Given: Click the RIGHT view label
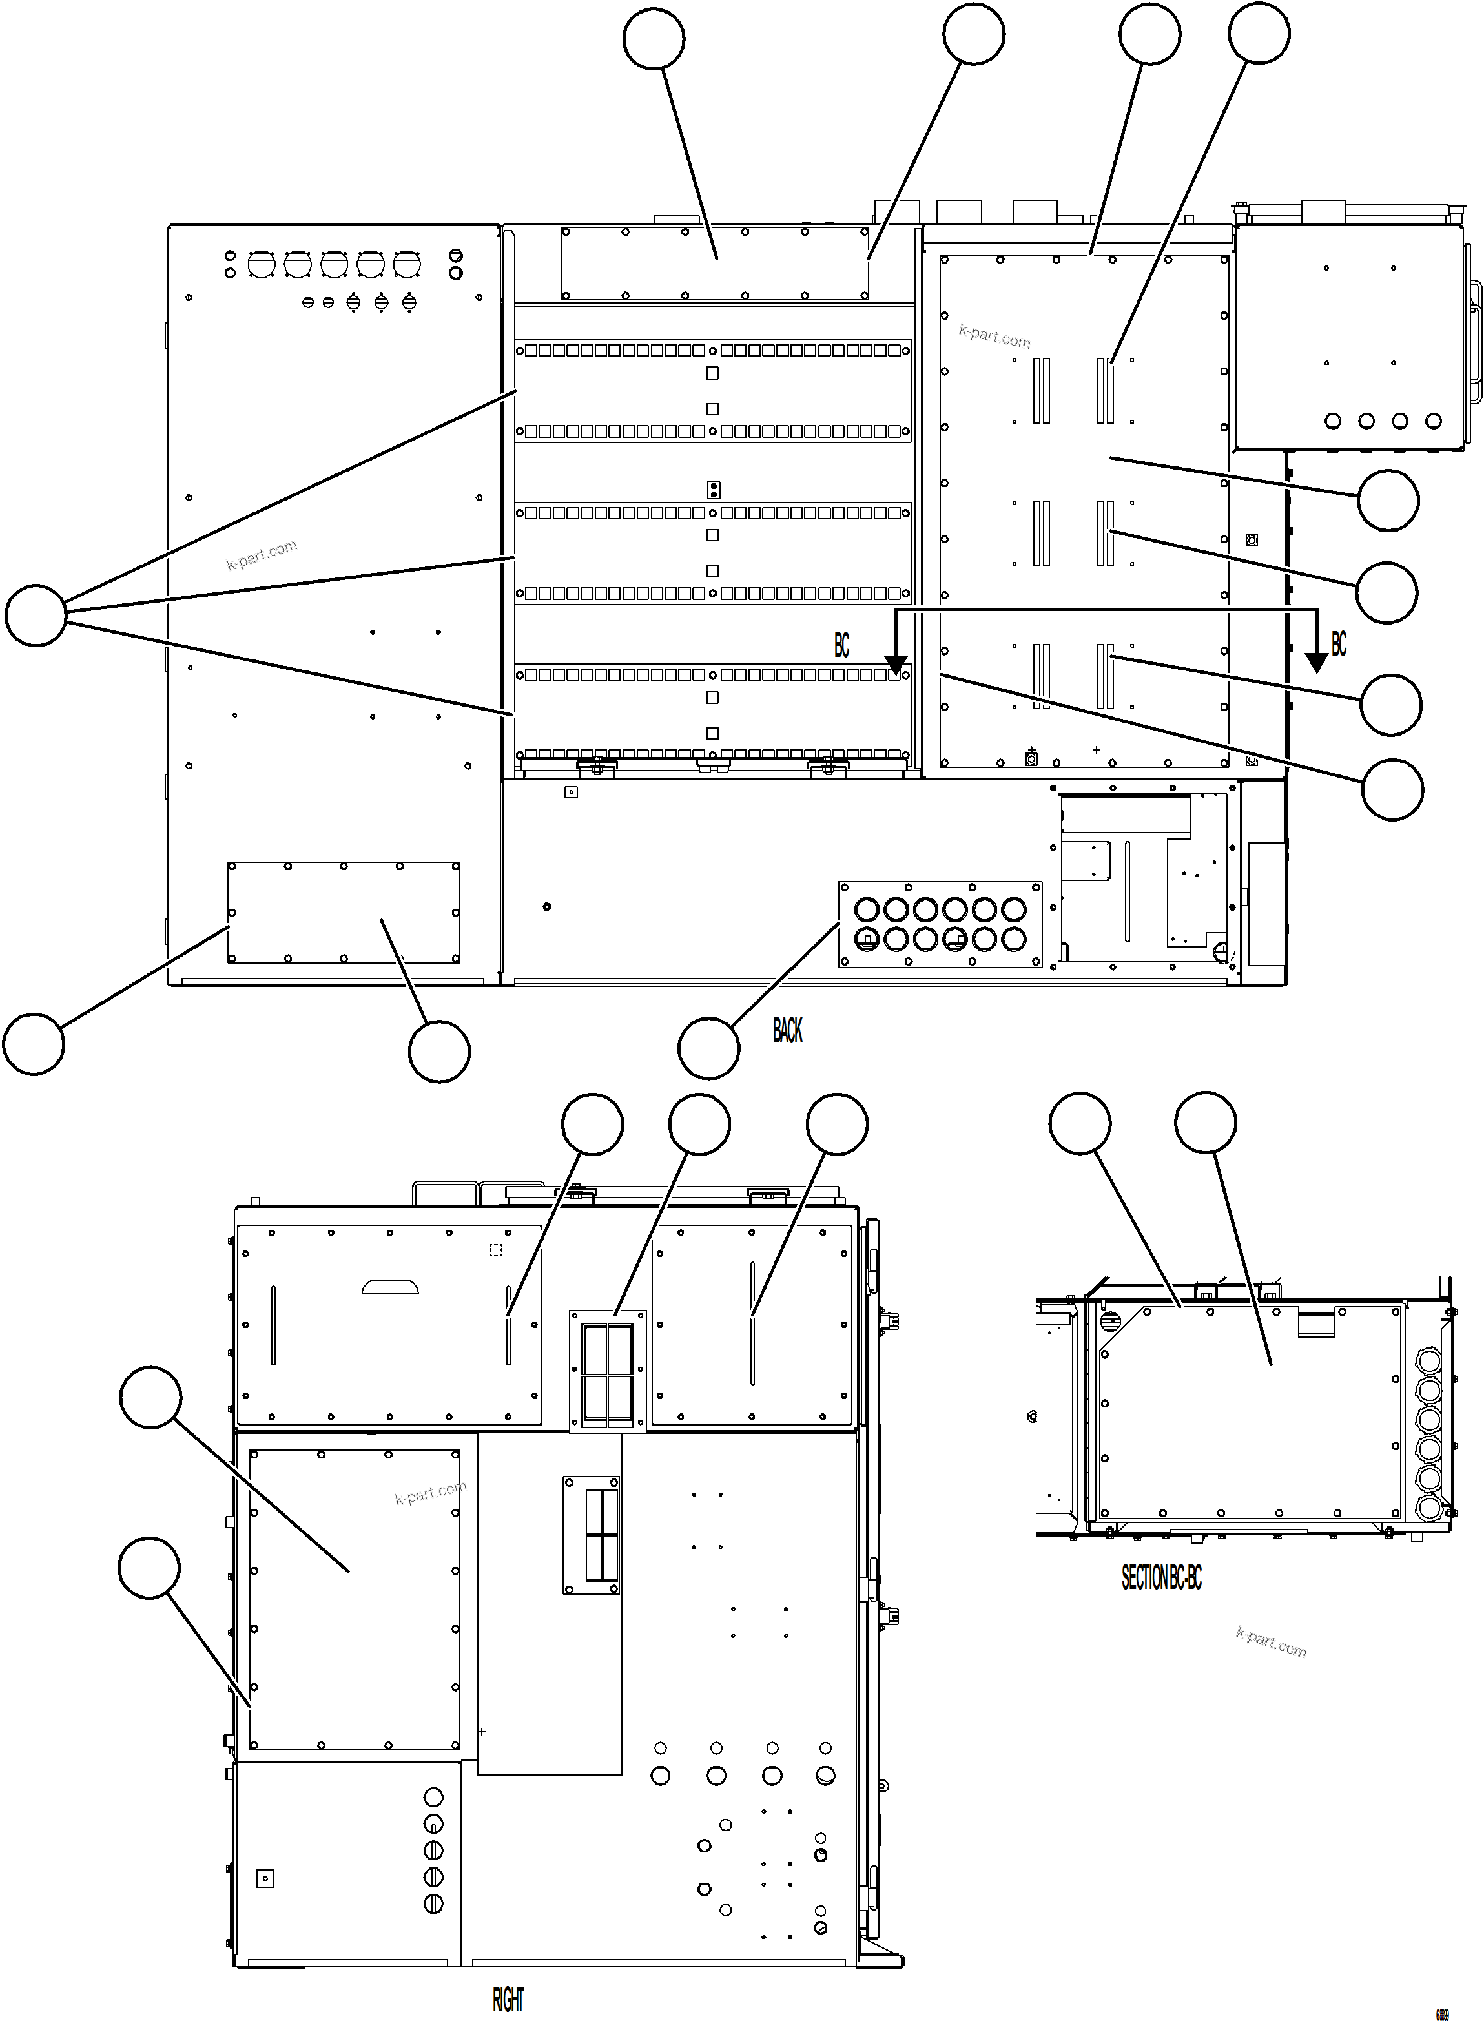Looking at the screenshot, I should [x=508, y=2000].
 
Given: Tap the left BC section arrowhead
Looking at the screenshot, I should [x=896, y=665].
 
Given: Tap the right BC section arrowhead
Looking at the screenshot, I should [x=1316, y=663].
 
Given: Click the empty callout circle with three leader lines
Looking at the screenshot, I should [x=36, y=616].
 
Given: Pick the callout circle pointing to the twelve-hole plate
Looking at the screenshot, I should [x=709, y=1048].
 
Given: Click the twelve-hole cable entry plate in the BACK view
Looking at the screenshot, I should [x=940, y=924].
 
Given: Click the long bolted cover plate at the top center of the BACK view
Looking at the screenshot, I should [x=714, y=262].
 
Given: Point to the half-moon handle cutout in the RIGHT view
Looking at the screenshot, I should [x=390, y=1287].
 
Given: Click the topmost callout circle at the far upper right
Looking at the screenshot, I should [x=1259, y=33].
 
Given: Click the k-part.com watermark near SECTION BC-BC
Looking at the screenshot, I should [x=1270, y=1641].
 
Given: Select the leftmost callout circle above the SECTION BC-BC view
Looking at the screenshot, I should [x=1080, y=1123].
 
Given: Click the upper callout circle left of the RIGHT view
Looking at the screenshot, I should [x=151, y=1397].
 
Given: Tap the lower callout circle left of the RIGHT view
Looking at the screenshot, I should [x=149, y=1568].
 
